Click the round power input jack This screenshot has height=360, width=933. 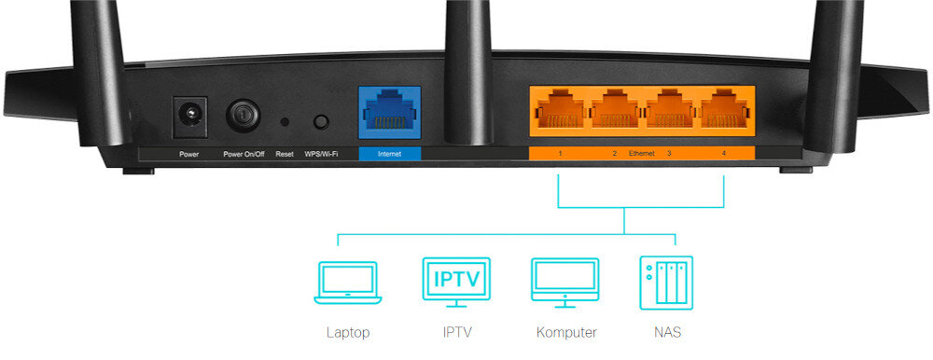(x=189, y=118)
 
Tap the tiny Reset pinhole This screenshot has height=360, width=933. (x=285, y=121)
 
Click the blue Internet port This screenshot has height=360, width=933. (x=389, y=116)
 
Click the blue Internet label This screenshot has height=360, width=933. (x=389, y=153)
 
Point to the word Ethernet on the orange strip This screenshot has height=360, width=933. (x=642, y=152)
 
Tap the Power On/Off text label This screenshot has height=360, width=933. (x=244, y=153)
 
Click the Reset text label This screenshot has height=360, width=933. (x=285, y=153)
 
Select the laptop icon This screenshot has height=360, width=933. (x=348, y=283)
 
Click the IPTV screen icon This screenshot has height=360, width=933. (x=455, y=283)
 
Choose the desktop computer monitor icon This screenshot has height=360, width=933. (x=564, y=283)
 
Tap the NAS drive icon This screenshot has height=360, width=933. (x=666, y=282)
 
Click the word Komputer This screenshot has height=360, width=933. (x=566, y=332)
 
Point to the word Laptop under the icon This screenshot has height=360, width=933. (x=348, y=332)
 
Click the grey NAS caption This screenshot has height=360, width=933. (x=666, y=332)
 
